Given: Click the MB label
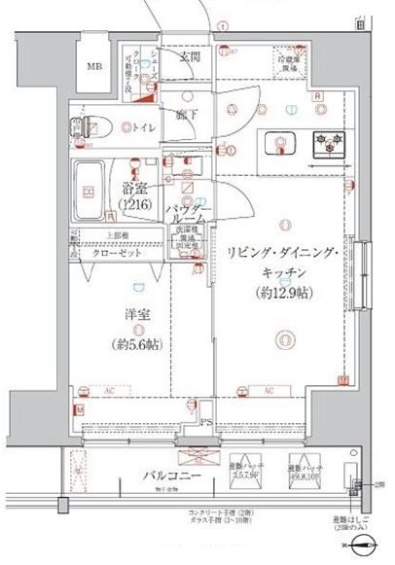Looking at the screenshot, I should tap(93, 67).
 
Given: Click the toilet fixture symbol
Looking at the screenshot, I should tap(94, 126).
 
